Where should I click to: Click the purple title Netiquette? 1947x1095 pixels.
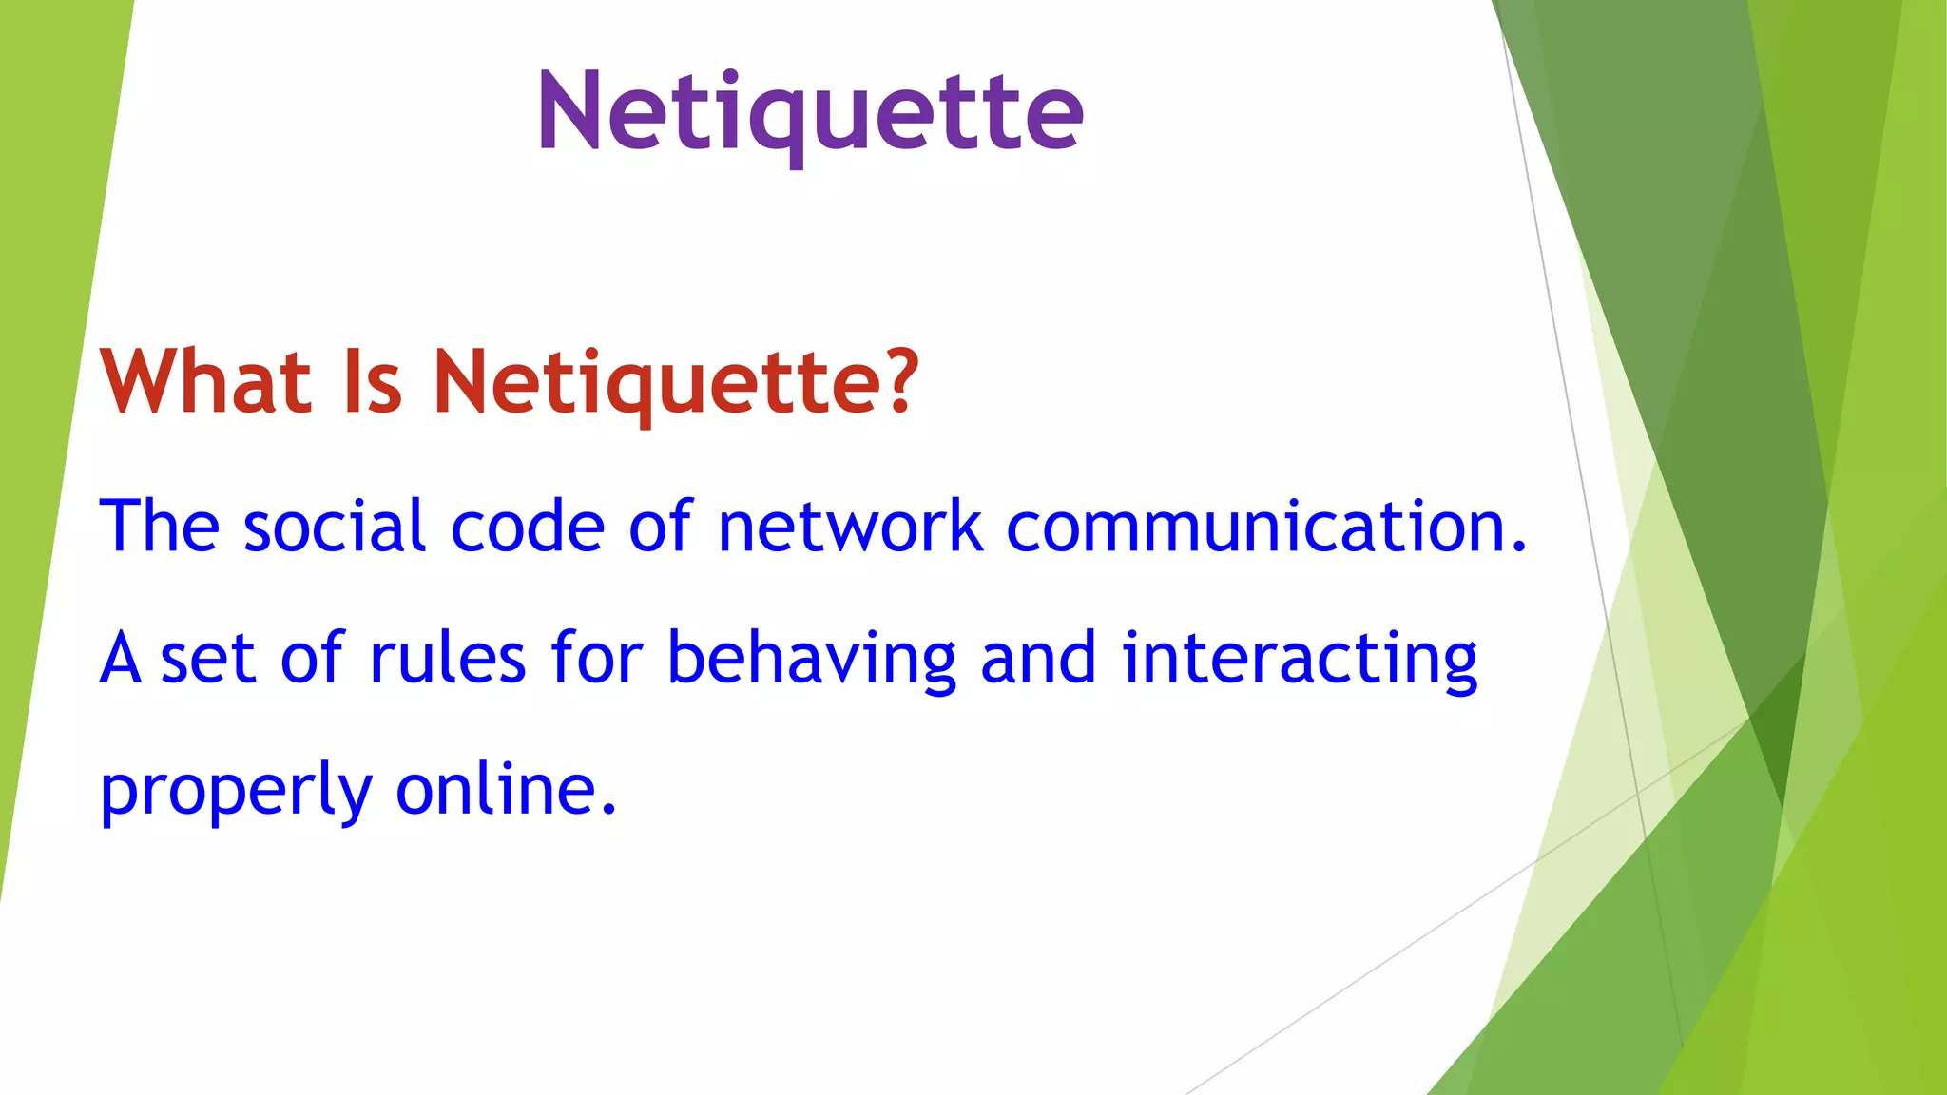click(810, 112)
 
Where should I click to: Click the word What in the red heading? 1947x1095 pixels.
click(206, 382)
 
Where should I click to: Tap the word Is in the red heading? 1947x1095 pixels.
click(372, 382)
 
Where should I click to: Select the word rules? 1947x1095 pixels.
click(447, 658)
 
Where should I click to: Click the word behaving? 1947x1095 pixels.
click(811, 660)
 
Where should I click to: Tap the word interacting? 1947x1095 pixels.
click(1300, 660)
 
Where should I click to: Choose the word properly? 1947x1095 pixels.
click(236, 791)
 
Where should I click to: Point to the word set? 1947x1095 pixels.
click(208, 660)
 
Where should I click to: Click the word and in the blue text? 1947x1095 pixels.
click(1038, 658)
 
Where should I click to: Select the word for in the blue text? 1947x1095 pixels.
click(596, 658)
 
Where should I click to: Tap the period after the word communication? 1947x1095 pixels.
click(1517, 547)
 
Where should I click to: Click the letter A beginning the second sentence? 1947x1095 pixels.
click(121, 658)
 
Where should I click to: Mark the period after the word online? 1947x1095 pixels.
click(609, 811)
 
